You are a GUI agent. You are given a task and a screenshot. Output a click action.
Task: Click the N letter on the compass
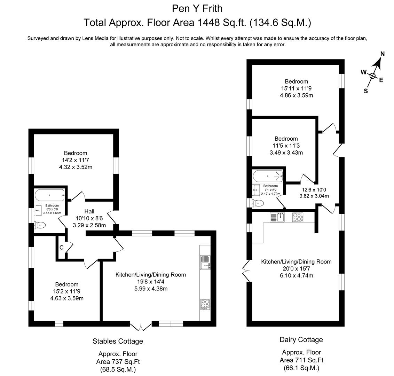click(x=383, y=54)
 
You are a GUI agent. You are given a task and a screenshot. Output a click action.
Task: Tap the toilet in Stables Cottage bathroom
click(x=40, y=225)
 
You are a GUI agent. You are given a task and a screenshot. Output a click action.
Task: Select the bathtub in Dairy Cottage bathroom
click(x=268, y=176)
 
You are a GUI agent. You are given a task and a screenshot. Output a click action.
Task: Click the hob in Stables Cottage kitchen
click(x=205, y=304)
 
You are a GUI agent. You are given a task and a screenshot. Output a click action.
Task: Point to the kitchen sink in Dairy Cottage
click(x=277, y=217)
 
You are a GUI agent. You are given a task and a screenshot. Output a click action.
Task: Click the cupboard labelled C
click(x=62, y=248)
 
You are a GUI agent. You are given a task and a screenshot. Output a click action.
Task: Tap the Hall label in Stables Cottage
click(x=89, y=211)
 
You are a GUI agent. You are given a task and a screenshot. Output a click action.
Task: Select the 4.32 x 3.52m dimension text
click(x=76, y=167)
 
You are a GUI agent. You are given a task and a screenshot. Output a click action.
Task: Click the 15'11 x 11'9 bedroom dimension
click(x=296, y=88)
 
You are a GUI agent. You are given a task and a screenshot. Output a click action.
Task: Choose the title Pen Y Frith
click(x=197, y=9)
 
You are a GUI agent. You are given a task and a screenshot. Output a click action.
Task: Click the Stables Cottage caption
click(x=118, y=341)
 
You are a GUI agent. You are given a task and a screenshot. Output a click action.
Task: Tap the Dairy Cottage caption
click(x=301, y=340)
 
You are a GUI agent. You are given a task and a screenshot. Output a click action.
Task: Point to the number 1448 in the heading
click(x=208, y=23)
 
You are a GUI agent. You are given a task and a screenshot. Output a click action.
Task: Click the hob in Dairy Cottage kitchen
click(x=298, y=217)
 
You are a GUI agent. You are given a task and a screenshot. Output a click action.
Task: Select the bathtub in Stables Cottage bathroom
click(x=49, y=195)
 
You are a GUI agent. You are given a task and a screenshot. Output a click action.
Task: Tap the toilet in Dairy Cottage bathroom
click(x=258, y=203)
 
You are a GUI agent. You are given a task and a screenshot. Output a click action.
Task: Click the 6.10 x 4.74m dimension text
click(x=296, y=275)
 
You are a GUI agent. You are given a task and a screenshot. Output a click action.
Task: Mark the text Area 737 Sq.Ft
click(x=118, y=362)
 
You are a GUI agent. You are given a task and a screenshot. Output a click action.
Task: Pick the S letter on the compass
click(x=366, y=91)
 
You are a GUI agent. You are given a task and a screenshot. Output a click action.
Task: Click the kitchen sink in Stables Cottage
click(x=205, y=263)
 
